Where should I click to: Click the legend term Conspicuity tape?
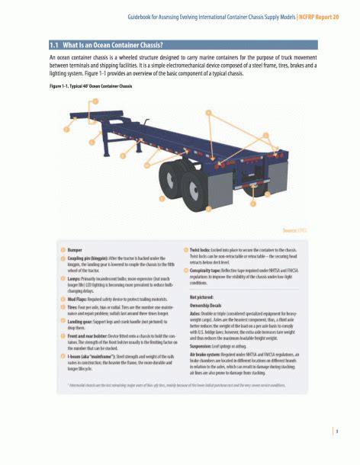tap(209, 271)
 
